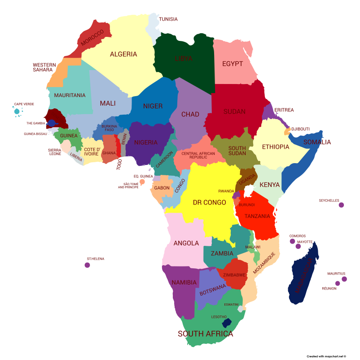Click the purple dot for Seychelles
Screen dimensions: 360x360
[341, 205]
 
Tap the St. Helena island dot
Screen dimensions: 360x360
[87, 265]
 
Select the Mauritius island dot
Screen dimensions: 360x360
[344, 279]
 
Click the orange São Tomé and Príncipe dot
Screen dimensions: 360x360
[142, 182]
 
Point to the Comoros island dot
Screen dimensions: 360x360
[292, 241]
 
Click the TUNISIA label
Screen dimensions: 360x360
[168, 19]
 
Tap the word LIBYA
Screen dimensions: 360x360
[183, 59]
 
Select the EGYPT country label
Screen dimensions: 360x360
[233, 64]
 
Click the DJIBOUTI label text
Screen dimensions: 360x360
[301, 129]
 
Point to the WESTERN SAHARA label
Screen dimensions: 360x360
[44, 67]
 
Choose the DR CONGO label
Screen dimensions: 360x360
[209, 203]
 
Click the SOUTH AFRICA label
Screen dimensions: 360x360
[206, 334]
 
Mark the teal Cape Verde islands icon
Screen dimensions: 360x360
[17, 111]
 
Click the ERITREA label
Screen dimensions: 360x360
[284, 110]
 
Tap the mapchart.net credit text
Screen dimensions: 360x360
[326, 356]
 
